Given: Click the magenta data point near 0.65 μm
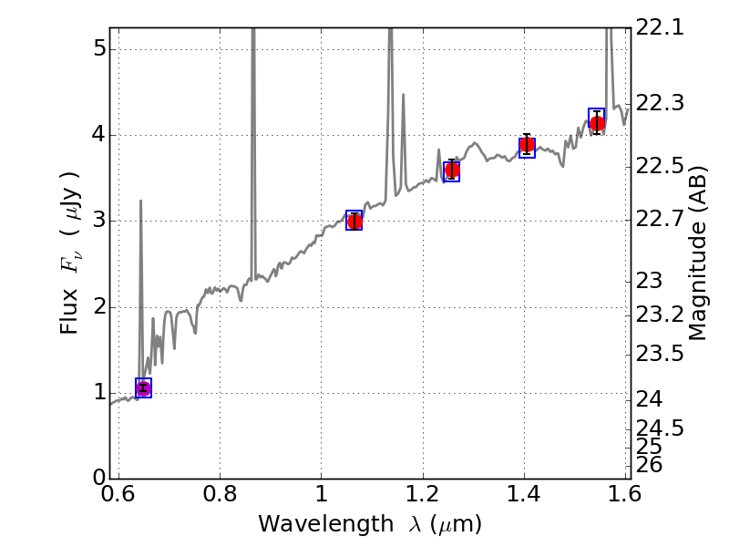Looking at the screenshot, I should pos(143,388).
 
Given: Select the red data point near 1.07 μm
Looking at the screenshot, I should pos(354,221).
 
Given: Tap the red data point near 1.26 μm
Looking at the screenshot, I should pos(451,170).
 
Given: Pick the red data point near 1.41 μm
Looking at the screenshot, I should pos(527,146).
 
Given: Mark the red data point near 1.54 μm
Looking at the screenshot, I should pos(597,123).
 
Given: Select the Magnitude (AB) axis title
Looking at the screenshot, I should pos(698,253).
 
